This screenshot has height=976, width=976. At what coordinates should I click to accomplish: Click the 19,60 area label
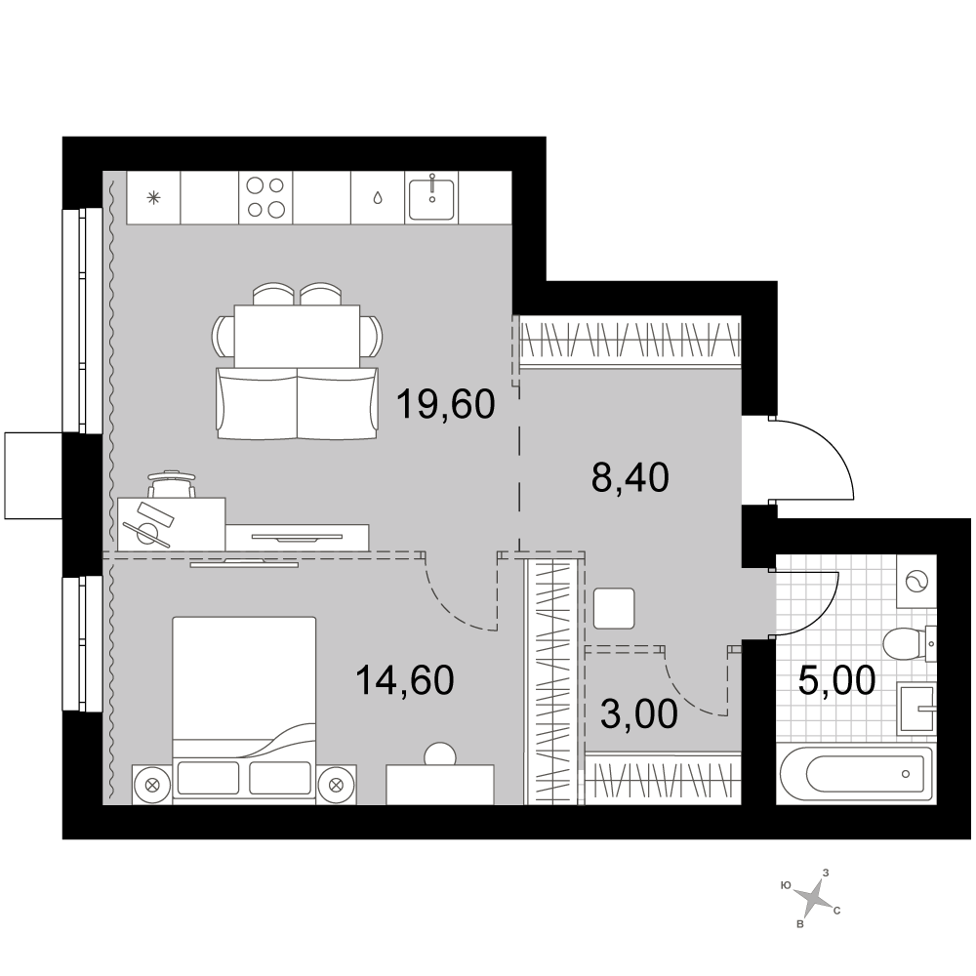(x=445, y=404)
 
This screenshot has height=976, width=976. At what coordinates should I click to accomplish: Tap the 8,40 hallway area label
(x=630, y=478)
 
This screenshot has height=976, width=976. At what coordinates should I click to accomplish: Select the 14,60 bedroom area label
(x=405, y=679)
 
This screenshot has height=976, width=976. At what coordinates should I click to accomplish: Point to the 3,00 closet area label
(x=639, y=713)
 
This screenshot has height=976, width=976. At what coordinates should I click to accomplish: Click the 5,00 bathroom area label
(x=836, y=679)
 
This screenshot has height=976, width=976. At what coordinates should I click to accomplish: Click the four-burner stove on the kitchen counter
(x=265, y=197)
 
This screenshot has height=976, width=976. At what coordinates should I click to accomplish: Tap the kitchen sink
(x=431, y=197)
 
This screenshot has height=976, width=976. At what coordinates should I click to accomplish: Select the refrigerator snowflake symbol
(x=153, y=198)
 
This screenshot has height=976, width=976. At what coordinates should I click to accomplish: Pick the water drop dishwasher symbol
(x=377, y=198)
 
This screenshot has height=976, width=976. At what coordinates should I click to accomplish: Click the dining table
(x=297, y=336)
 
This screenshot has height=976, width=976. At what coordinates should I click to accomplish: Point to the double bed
(x=243, y=707)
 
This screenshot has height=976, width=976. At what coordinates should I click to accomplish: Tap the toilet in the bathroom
(x=910, y=643)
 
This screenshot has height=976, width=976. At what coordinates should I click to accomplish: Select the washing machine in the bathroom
(x=916, y=582)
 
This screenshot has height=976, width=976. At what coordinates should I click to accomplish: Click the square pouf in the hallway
(x=614, y=608)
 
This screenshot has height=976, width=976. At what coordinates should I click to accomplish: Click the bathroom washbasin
(x=916, y=708)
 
